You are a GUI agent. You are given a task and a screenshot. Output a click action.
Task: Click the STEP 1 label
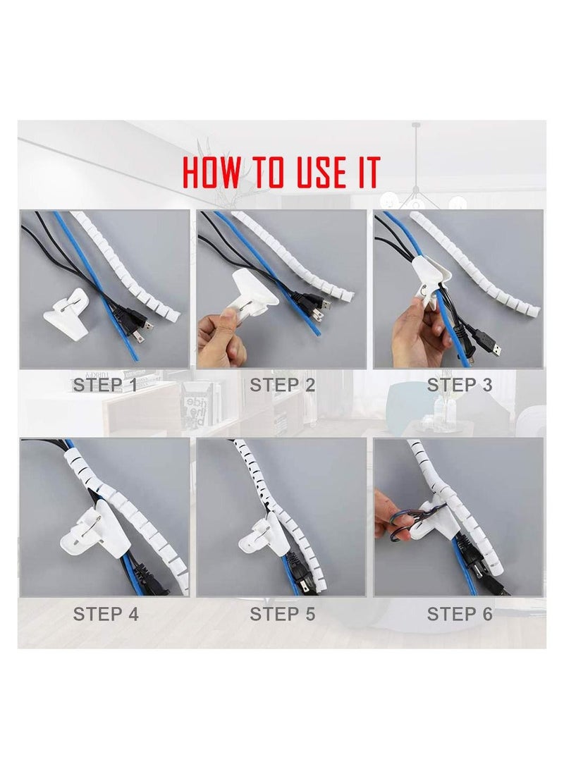[105, 385]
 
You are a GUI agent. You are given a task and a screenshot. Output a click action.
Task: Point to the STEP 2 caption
[282, 385]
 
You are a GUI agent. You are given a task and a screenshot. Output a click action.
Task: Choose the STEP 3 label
[459, 385]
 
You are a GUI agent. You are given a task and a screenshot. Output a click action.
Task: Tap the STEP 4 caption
[105, 613]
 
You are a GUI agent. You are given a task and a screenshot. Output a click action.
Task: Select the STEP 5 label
[282, 613]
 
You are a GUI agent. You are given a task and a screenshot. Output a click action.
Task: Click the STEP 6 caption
[459, 613]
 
